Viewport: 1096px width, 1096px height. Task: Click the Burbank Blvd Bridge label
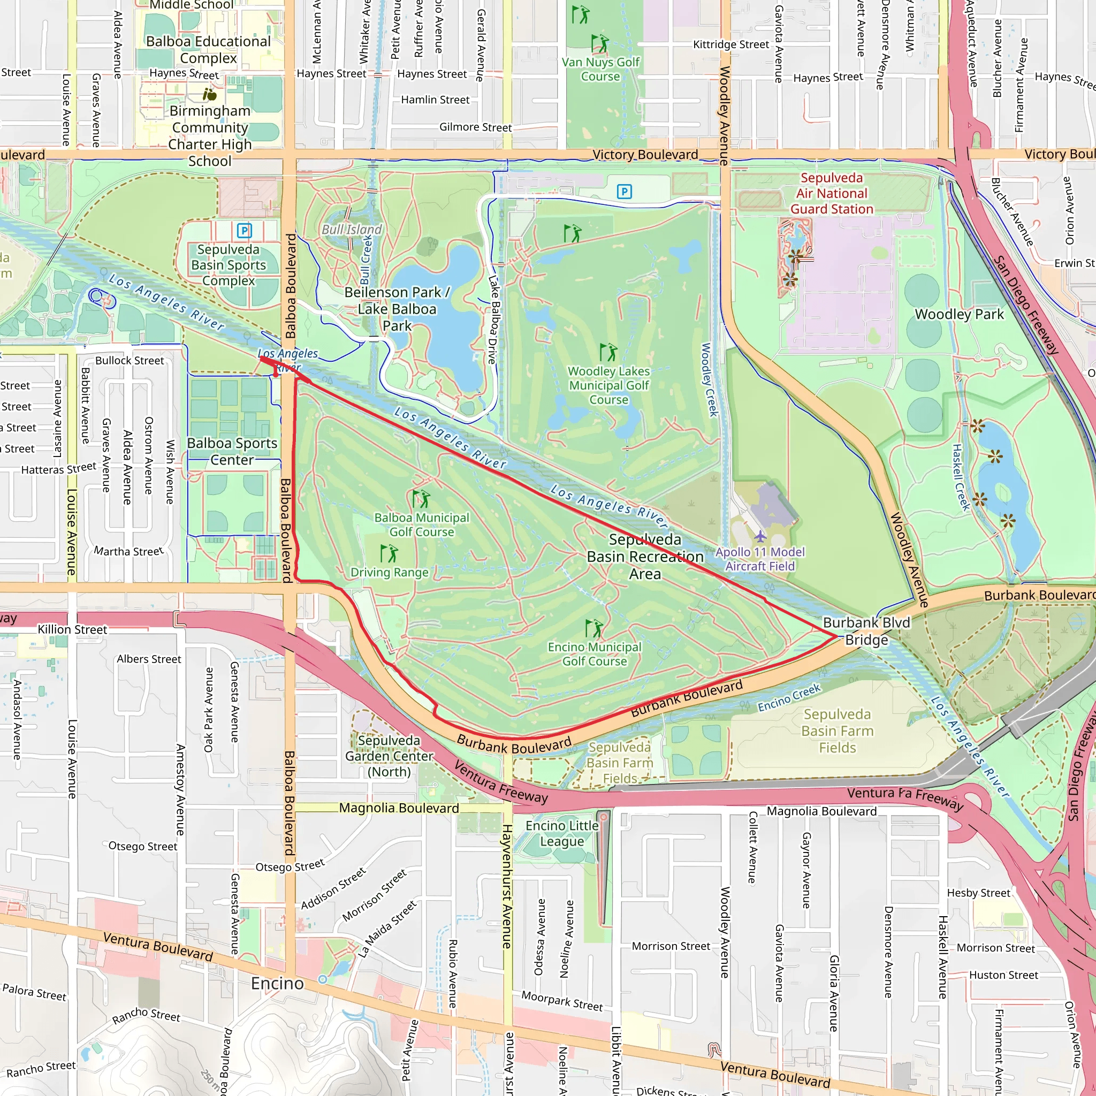point(866,631)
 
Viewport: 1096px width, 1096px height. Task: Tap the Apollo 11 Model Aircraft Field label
point(759,559)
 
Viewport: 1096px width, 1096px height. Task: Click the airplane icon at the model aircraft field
point(760,536)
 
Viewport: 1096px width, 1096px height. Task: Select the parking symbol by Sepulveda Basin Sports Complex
point(244,230)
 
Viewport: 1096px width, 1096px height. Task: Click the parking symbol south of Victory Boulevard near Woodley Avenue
point(624,192)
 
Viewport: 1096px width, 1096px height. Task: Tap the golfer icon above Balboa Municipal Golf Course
point(421,499)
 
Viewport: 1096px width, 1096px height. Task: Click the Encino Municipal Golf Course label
point(594,653)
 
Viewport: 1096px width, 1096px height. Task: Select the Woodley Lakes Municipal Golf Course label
point(608,385)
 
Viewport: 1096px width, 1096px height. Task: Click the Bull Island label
point(352,229)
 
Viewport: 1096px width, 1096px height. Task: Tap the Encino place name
point(277,983)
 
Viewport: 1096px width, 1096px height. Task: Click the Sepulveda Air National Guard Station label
point(831,193)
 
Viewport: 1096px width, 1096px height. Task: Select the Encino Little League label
point(561,833)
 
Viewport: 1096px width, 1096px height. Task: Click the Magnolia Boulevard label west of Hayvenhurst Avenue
point(399,808)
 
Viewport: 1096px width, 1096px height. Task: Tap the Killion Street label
point(72,629)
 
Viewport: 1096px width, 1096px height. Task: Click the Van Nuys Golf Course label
point(600,69)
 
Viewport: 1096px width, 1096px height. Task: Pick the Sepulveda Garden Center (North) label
point(389,756)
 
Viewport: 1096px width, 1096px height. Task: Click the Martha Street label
point(128,551)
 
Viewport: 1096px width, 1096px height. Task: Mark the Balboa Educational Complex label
point(208,50)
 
